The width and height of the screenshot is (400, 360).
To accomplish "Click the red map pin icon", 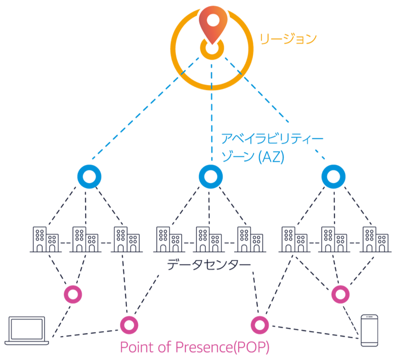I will coord(212,22).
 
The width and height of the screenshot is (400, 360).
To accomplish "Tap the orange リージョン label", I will coord(287,39).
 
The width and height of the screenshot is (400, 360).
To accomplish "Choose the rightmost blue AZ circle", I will coord(332,175).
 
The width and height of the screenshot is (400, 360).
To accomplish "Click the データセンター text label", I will coord(208,264).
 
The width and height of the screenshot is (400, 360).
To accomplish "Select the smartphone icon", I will coord(369,329).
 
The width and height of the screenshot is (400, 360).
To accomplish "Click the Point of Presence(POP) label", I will coord(195,346).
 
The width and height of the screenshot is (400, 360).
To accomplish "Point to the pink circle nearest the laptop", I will coord(73,294).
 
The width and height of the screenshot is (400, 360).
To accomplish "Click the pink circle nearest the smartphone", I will coord(340,294).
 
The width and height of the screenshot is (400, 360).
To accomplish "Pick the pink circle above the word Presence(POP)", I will coord(259,325).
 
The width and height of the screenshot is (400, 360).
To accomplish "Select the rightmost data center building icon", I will coord(375,239).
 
